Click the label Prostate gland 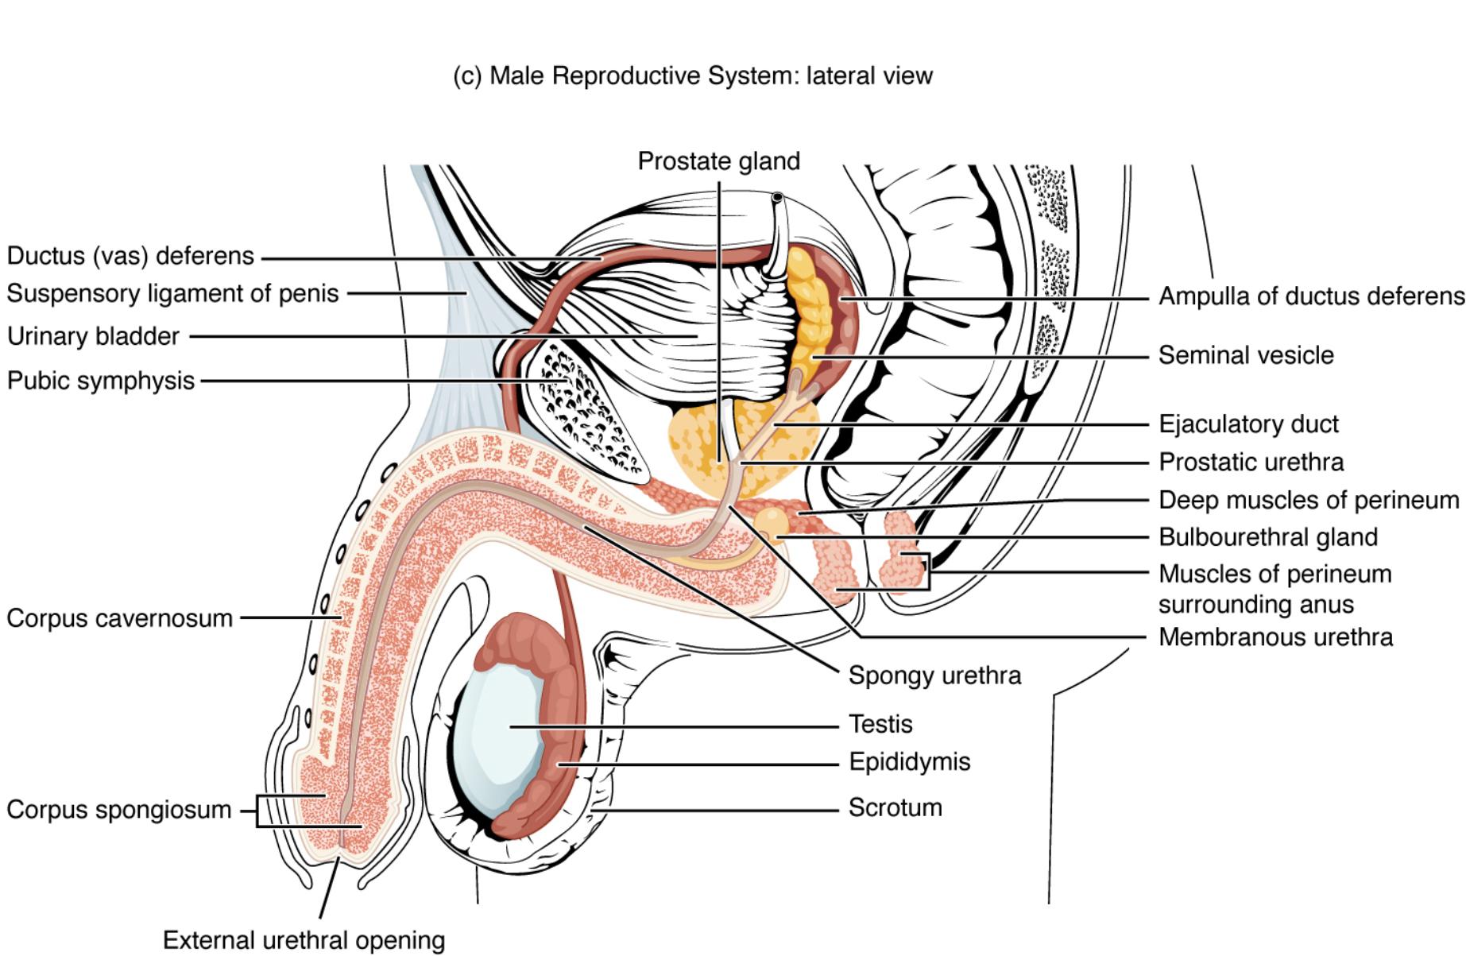[x=718, y=161]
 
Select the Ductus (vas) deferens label [x=130, y=256]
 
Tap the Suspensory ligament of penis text [x=172, y=293]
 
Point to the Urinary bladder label [x=93, y=336]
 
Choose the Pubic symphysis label [x=101, y=381]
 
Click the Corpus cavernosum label [x=119, y=617]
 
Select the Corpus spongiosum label [x=118, y=810]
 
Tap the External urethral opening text [x=304, y=940]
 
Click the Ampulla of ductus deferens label [x=1310, y=296]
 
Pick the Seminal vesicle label [x=1245, y=355]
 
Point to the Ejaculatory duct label [x=1247, y=424]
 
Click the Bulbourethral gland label [x=1267, y=537]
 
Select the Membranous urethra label [x=1275, y=637]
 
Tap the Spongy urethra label [x=934, y=675]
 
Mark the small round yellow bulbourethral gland [x=771, y=522]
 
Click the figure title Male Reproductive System [x=692, y=75]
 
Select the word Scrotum [x=895, y=807]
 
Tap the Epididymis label [x=909, y=762]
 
